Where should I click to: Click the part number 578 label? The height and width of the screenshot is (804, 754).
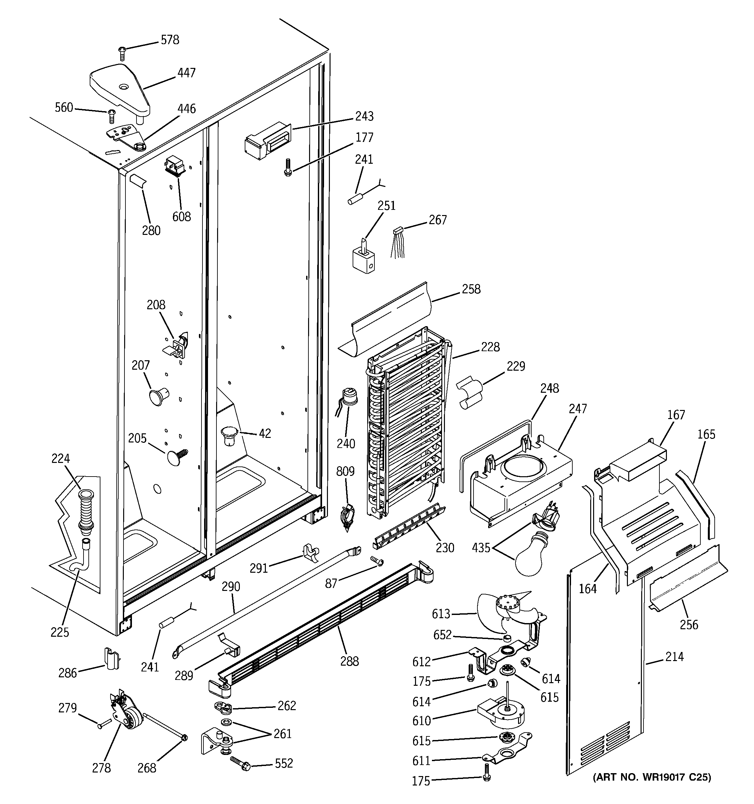coord(170,40)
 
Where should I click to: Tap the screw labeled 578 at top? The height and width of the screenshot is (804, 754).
coord(122,53)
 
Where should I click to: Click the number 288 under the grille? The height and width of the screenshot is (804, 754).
coord(349,661)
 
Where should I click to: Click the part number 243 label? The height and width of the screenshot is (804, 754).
coord(364,117)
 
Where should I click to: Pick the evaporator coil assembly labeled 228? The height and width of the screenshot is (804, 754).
coord(407,425)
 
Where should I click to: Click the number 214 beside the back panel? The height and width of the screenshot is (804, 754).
coord(674,657)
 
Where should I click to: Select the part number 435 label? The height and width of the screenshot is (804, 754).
coord(481,548)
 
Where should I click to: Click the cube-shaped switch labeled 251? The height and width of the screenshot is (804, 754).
coord(363,259)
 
